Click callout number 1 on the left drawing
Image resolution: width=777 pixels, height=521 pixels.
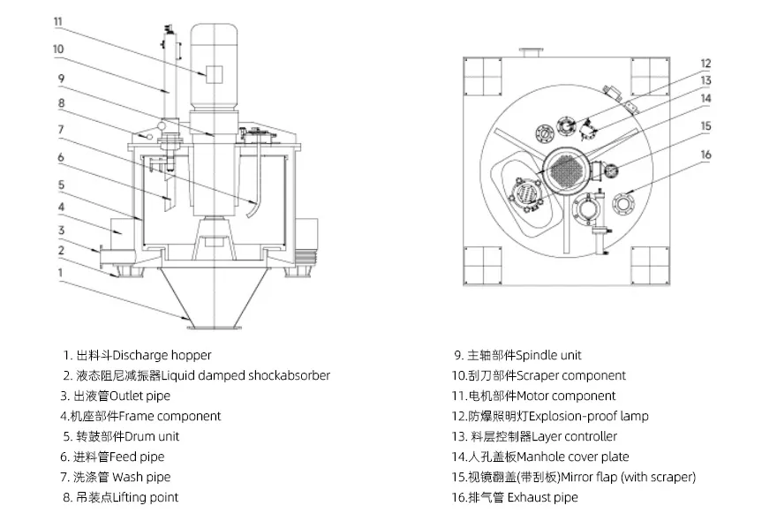coord(60,273)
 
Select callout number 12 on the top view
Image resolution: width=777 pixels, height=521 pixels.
coord(705,63)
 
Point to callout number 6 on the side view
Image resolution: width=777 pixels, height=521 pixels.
coord(61,157)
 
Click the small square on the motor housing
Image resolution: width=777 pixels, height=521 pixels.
coord(212,74)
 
